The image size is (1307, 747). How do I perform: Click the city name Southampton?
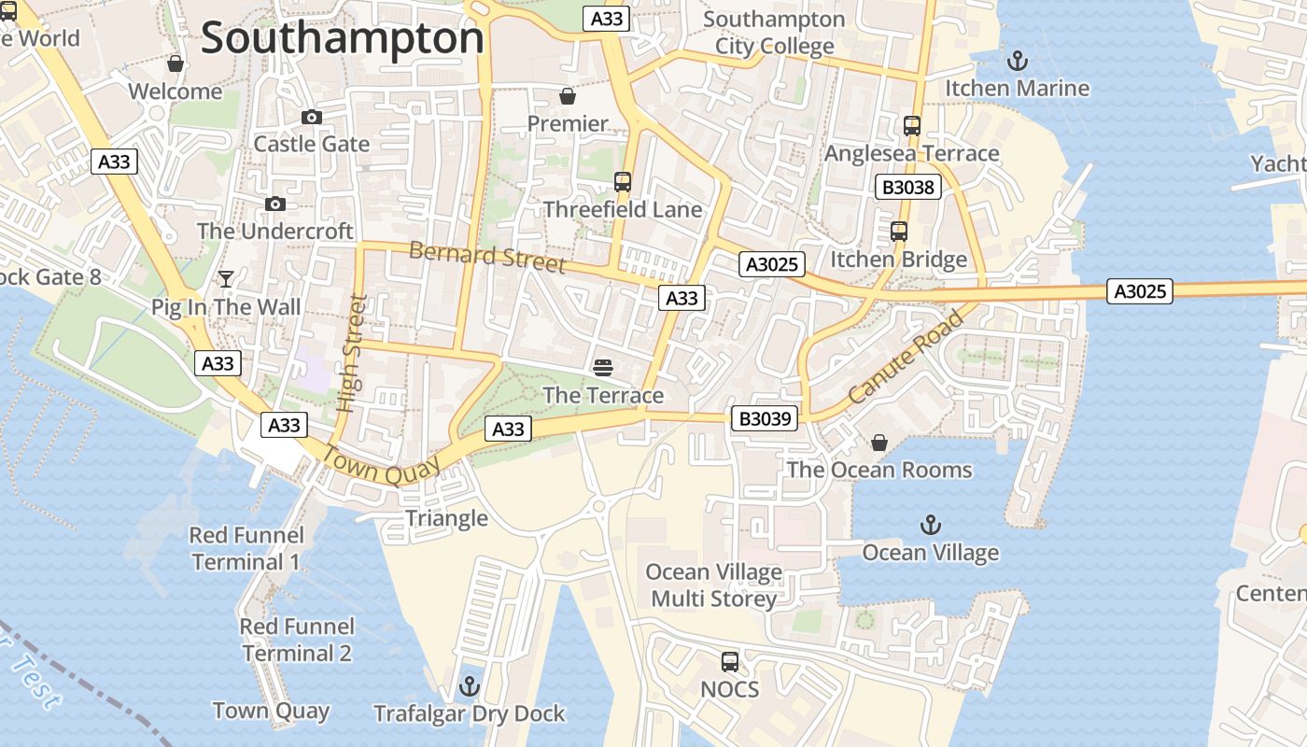[x=343, y=39]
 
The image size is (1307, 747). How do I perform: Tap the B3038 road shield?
[x=908, y=187]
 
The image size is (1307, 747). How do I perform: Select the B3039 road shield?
[x=765, y=418]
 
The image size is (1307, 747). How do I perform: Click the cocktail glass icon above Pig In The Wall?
[x=226, y=278]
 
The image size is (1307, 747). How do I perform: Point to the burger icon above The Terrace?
[x=603, y=368]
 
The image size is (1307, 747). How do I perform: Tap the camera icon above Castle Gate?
[x=312, y=117]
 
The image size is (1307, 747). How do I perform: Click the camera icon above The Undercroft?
[x=275, y=204]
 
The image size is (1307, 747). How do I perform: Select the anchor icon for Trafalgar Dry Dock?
[x=470, y=687]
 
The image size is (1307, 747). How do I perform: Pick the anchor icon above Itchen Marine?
[x=1017, y=62]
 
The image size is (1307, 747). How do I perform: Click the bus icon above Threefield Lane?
[x=623, y=182]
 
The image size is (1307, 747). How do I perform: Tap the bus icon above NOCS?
[x=730, y=662]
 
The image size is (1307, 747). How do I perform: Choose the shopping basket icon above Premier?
[x=567, y=96]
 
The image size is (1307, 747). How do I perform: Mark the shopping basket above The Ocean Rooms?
[x=879, y=443]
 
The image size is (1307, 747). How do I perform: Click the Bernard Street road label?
[x=487, y=256]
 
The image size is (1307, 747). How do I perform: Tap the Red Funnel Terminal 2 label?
[x=297, y=640]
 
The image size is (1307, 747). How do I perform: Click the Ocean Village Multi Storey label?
[x=714, y=585]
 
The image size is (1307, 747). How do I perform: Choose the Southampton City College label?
[x=774, y=33]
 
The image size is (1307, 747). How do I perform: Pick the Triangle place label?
[x=446, y=518]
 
